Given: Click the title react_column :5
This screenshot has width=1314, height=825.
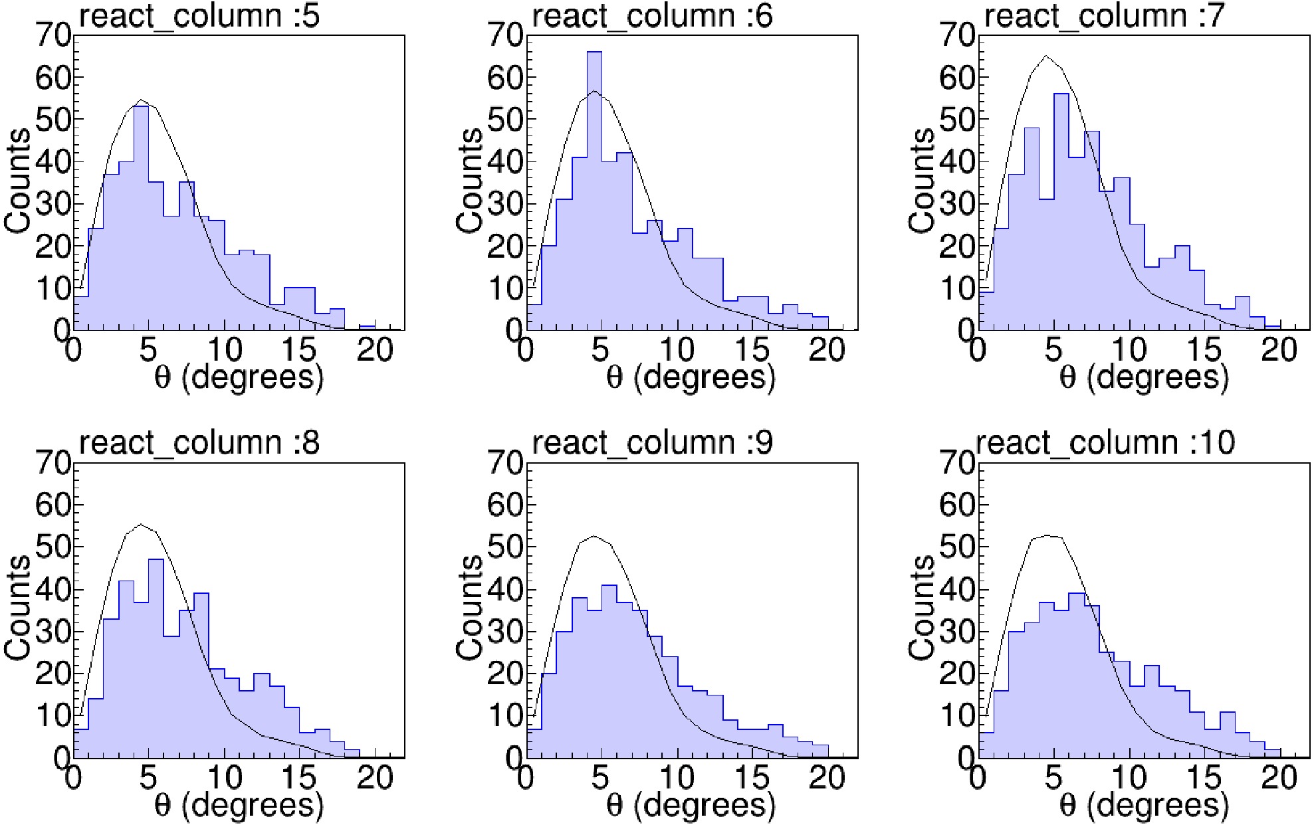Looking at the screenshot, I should (x=199, y=15).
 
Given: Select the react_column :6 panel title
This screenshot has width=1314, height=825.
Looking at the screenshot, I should (x=652, y=15).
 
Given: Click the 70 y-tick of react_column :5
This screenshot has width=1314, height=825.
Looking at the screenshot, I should (x=53, y=35).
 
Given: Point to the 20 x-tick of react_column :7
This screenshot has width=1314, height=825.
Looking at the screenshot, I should (x=1279, y=349).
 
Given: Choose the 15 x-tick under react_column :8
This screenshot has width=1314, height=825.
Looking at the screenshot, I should (x=299, y=778).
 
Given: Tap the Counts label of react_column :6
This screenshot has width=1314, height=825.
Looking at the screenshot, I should (x=470, y=181).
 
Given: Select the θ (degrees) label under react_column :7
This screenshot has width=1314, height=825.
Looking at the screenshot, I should (x=1143, y=377).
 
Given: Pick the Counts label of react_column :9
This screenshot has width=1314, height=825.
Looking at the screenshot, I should (x=470, y=608).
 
